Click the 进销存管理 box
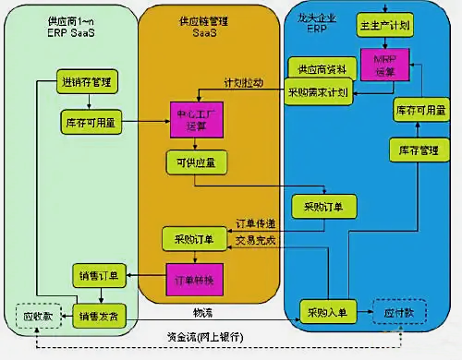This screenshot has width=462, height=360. click(x=88, y=81)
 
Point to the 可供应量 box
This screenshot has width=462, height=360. click(x=193, y=163)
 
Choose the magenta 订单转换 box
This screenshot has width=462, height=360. click(x=191, y=279)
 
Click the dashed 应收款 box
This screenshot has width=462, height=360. click(x=37, y=315)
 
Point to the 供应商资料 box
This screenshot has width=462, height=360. click(x=317, y=71)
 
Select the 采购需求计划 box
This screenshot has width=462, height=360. click(x=317, y=92)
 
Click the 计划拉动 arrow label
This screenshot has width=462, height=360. click(x=242, y=81)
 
